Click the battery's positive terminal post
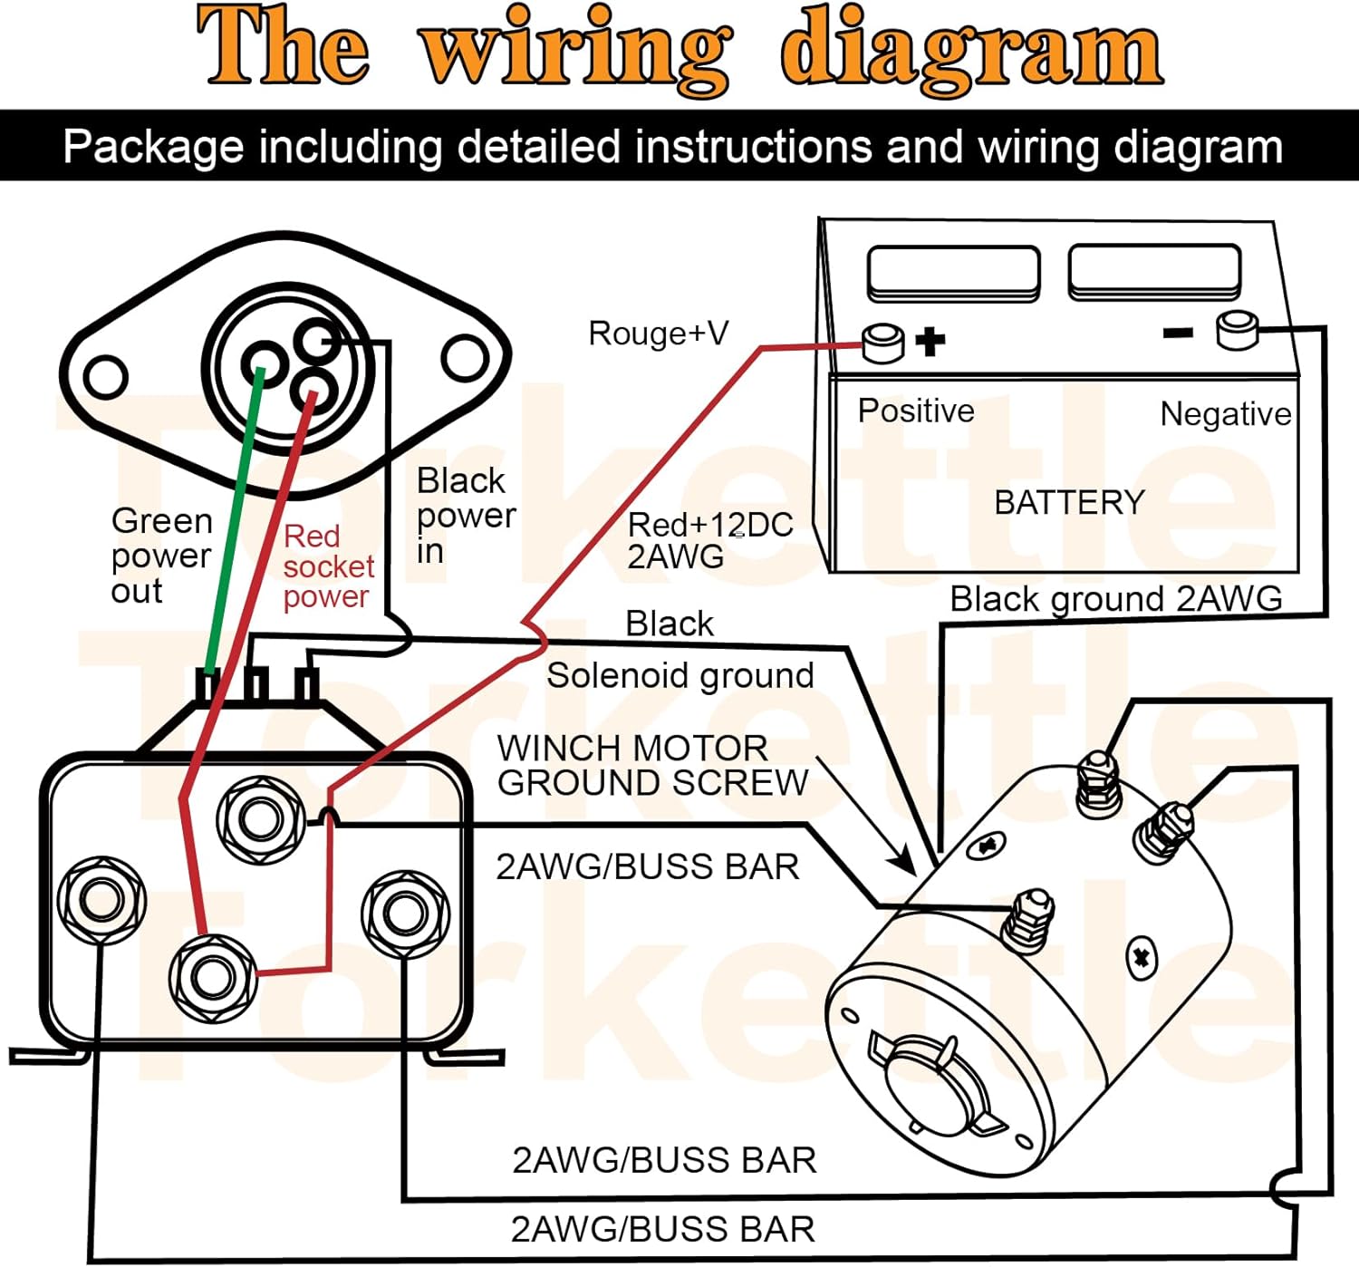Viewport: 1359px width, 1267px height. tap(882, 343)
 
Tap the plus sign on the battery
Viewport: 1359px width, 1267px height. tap(930, 341)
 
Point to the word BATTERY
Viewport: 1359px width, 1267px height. tap(1070, 503)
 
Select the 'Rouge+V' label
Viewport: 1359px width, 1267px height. tap(659, 334)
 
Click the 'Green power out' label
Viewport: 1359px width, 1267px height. tap(162, 556)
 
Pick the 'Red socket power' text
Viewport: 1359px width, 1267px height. tap(329, 566)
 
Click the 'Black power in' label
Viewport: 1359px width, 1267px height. tap(466, 515)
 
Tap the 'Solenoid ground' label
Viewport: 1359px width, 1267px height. tap(680, 675)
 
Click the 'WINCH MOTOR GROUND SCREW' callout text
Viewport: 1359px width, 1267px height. tap(653, 765)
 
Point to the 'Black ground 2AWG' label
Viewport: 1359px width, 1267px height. tap(1116, 598)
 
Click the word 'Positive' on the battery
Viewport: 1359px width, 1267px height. tap(916, 411)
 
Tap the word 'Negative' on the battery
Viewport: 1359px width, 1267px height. tap(1226, 414)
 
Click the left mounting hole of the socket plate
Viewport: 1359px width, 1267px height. tap(105, 377)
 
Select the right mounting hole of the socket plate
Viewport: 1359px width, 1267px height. tap(465, 358)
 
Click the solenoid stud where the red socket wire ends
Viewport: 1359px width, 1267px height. tap(213, 977)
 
